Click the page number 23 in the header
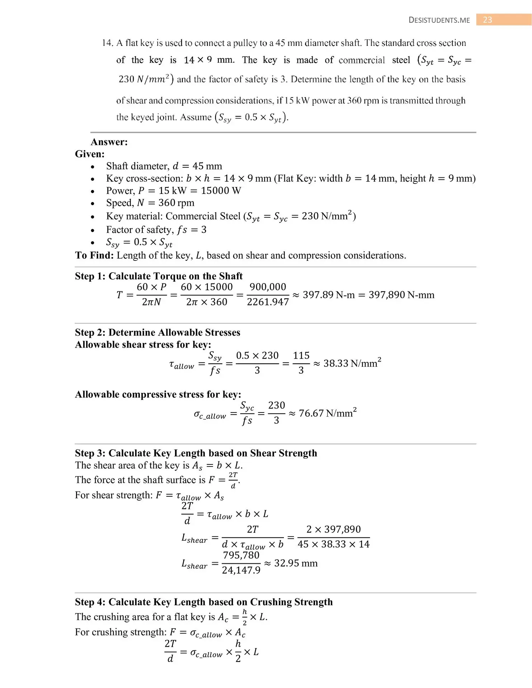click(x=488, y=20)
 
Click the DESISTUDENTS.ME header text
click(x=439, y=20)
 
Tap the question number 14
click(x=107, y=43)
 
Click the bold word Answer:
click(x=109, y=142)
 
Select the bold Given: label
click(x=90, y=154)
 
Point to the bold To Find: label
click(x=94, y=255)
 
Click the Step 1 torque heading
click(x=158, y=276)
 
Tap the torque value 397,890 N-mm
click(x=401, y=295)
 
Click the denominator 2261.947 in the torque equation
click(x=268, y=302)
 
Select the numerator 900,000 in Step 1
click(x=268, y=287)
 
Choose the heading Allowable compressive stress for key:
click(x=158, y=395)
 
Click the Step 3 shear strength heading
click(x=196, y=453)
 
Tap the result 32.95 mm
click(x=296, y=563)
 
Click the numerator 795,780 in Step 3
click(x=241, y=555)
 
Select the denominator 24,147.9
click(x=241, y=570)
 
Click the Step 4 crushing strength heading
click(x=204, y=602)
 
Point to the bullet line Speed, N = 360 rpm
click(x=150, y=203)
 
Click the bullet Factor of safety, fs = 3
click(x=156, y=230)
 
